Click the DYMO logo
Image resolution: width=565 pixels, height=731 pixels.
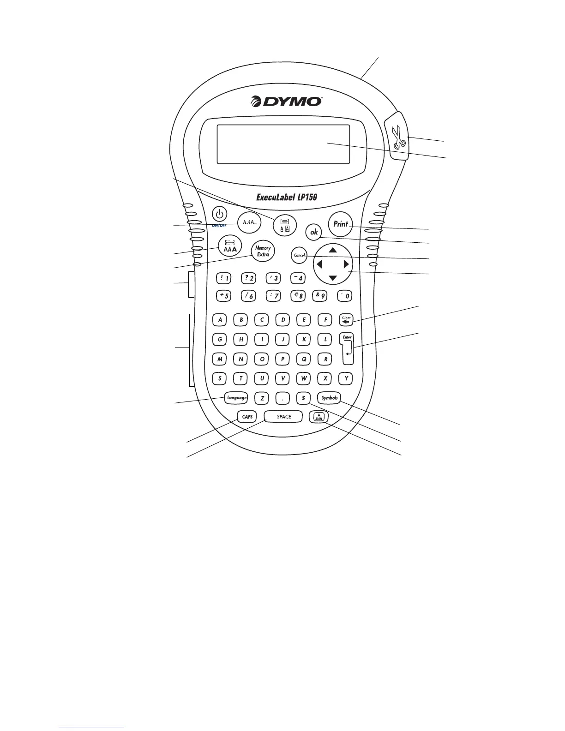[286, 101]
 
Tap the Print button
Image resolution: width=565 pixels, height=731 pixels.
[341, 224]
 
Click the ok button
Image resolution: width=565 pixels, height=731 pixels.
[314, 232]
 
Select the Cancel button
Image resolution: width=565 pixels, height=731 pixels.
[300, 255]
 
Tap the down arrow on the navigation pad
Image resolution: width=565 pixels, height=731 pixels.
[333, 279]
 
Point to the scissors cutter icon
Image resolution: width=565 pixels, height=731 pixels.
[398, 137]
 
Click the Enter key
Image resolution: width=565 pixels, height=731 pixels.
[347, 348]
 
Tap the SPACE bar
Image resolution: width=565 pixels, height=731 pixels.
[284, 417]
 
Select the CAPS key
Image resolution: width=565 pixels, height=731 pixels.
[247, 417]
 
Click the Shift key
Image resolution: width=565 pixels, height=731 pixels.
[319, 417]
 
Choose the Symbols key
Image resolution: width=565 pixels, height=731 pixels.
[330, 398]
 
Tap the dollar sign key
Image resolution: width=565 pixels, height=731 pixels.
[303, 398]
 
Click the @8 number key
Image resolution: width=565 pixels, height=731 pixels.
[299, 296]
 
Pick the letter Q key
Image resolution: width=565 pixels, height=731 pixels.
[304, 359]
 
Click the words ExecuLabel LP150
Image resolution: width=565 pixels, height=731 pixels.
[287, 197]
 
